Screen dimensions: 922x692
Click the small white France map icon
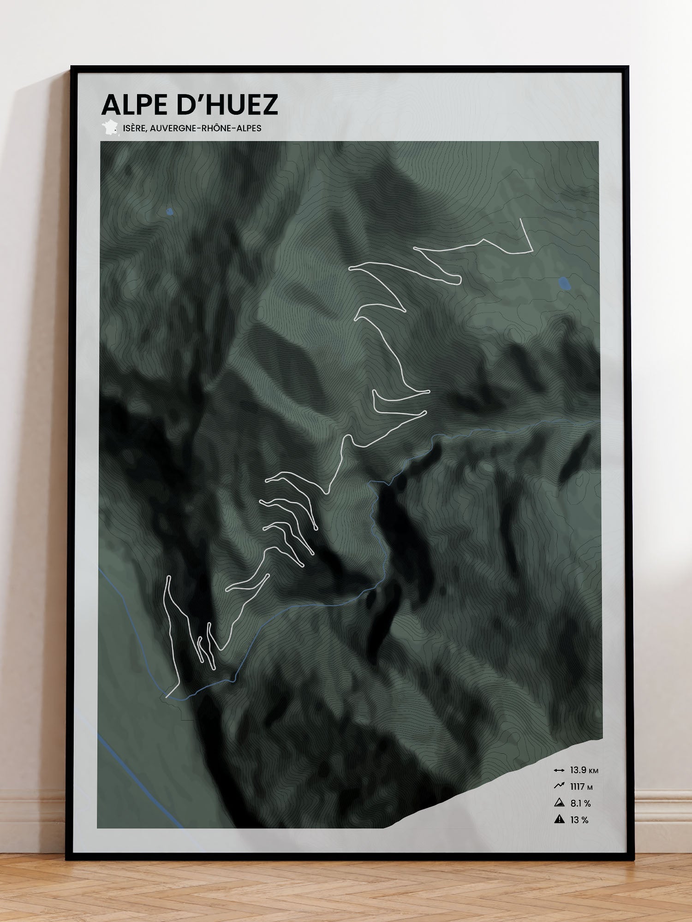pyautogui.click(x=110, y=128)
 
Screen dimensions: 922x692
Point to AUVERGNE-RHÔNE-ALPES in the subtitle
pyautogui.click(x=205, y=128)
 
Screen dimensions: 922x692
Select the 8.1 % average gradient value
pyautogui.click(x=580, y=804)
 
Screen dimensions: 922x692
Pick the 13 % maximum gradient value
pyautogui.click(x=579, y=820)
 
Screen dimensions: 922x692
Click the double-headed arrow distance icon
pyautogui.click(x=559, y=770)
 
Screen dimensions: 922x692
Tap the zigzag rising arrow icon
pyautogui.click(x=559, y=786)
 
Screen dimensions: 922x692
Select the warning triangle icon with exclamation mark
pyautogui.click(x=560, y=820)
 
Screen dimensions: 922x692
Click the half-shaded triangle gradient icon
pyautogui.click(x=560, y=803)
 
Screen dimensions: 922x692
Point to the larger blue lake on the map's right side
pyautogui.click(x=564, y=284)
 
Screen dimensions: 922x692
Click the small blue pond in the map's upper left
pyautogui.click(x=170, y=212)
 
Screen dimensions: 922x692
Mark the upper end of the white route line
pyautogui.click(x=521, y=219)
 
